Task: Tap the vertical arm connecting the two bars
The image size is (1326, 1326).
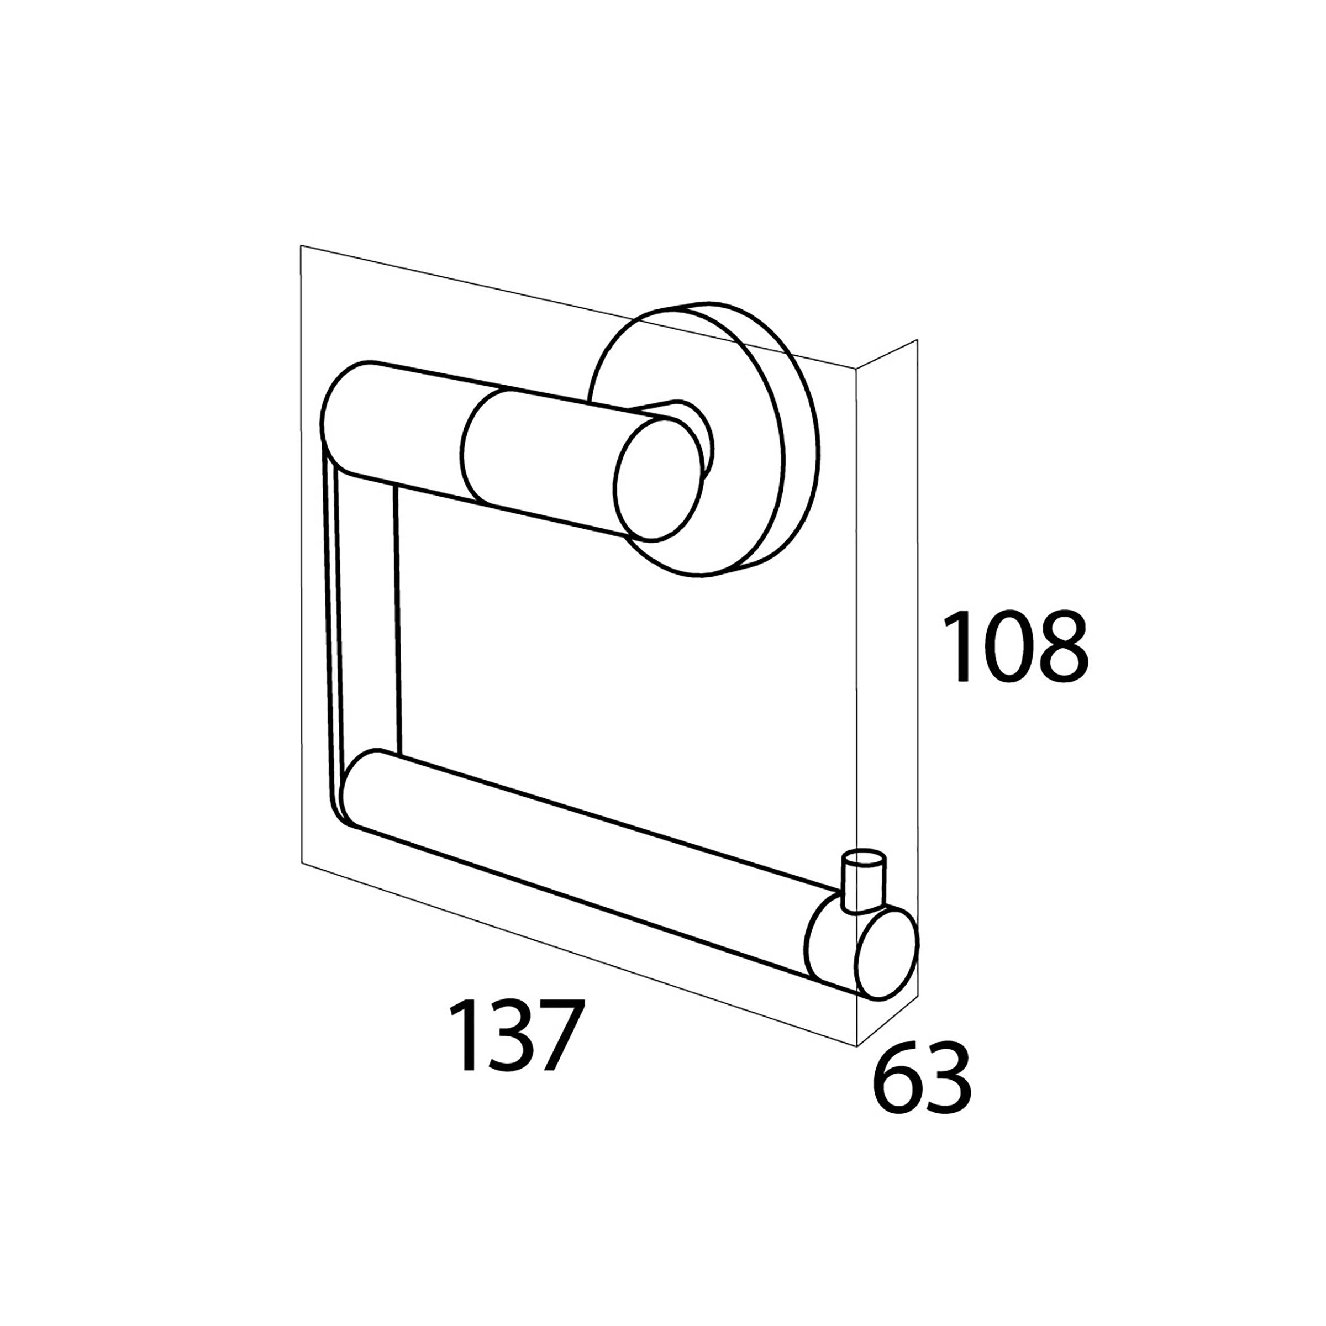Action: (364, 618)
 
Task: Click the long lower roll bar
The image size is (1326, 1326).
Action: (583, 865)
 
